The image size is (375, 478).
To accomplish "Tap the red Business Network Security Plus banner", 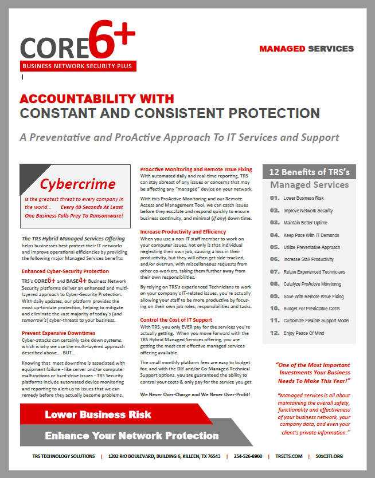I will [78, 66].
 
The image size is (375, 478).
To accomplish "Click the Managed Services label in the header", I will [306, 49].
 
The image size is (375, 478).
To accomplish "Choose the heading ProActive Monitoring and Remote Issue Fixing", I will [196, 169].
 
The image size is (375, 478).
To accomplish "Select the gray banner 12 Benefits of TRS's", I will [309, 172].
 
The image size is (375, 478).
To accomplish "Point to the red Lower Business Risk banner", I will [98, 414].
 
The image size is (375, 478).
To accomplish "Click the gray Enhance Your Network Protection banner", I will [132, 436].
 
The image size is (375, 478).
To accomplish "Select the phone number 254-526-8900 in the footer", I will [248, 456].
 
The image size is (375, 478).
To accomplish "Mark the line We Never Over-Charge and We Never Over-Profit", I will [195, 395].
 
